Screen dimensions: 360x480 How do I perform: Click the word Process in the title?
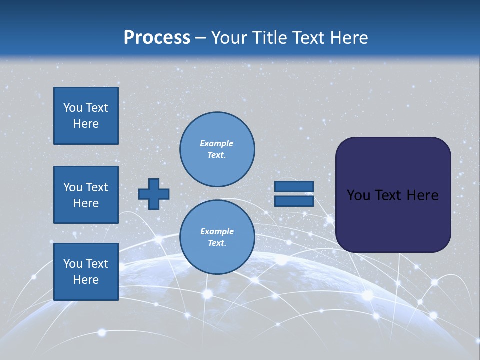coord(157,38)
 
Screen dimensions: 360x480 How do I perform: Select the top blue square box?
coord(86,116)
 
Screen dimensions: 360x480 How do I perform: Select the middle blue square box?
coord(86,195)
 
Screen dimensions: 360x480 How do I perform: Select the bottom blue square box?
coord(86,271)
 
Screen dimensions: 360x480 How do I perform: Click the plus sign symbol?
coord(154,194)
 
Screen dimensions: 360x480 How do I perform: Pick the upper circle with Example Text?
coord(217,149)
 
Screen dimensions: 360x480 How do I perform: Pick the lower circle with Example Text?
coord(217,237)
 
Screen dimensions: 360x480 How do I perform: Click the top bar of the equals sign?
coord(294,186)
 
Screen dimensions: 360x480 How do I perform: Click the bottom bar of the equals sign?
coord(294,201)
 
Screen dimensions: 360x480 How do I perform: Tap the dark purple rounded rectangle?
coord(393,220)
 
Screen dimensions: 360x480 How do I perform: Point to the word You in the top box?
coord(73,108)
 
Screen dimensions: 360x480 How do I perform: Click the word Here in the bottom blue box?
coord(86,280)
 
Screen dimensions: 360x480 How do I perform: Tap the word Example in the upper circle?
coord(216,143)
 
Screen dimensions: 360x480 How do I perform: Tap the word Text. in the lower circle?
coord(217,243)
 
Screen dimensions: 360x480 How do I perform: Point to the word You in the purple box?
coord(358,195)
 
